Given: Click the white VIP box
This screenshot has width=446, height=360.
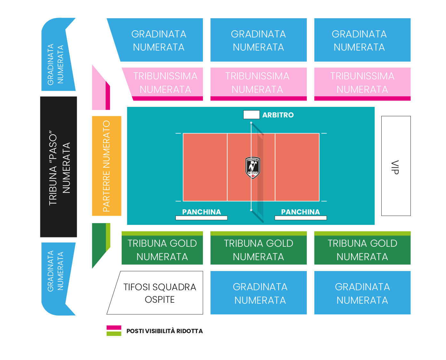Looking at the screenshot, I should (x=396, y=166).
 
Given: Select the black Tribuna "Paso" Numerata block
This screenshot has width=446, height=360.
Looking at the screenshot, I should (x=59, y=167).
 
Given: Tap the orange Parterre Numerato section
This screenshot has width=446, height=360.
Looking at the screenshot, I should (x=107, y=166).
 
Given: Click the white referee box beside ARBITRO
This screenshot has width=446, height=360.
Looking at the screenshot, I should (x=251, y=115).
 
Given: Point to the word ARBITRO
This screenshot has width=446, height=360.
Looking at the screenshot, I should (x=278, y=115).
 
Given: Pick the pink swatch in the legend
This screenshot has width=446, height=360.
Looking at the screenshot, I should (x=114, y=328).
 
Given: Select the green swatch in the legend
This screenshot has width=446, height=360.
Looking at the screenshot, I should (x=114, y=333).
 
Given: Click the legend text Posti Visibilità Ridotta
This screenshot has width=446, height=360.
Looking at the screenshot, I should (x=165, y=331).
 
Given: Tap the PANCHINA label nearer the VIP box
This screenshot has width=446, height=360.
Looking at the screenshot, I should (x=300, y=212).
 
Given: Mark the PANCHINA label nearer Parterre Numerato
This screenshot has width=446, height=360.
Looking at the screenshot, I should (x=201, y=212).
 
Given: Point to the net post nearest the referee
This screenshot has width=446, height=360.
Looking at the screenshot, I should (x=251, y=123).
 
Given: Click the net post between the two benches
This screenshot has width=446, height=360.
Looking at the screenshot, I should (x=251, y=210).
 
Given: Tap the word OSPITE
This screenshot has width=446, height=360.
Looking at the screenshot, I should (x=159, y=300).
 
